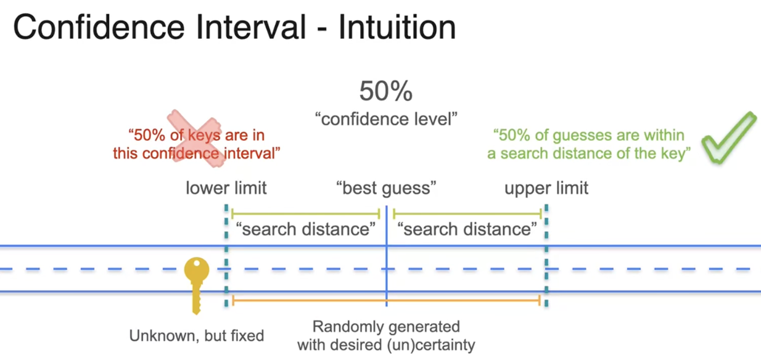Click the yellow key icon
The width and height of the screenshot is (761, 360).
(197, 283)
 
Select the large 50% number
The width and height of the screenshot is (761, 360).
(386, 92)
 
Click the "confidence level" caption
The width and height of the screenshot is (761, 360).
(386, 118)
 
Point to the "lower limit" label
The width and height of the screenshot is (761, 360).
(226, 187)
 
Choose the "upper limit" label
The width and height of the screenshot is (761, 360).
(546, 187)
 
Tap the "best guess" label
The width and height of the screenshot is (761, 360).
(386, 187)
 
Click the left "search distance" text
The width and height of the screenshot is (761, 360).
(305, 230)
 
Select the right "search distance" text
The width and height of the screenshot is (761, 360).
(467, 230)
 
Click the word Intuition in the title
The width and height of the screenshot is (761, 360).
(397, 28)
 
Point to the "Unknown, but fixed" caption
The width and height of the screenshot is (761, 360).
(197, 336)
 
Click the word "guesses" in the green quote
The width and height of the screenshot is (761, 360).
(588, 135)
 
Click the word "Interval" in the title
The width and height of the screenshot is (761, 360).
(253, 28)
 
